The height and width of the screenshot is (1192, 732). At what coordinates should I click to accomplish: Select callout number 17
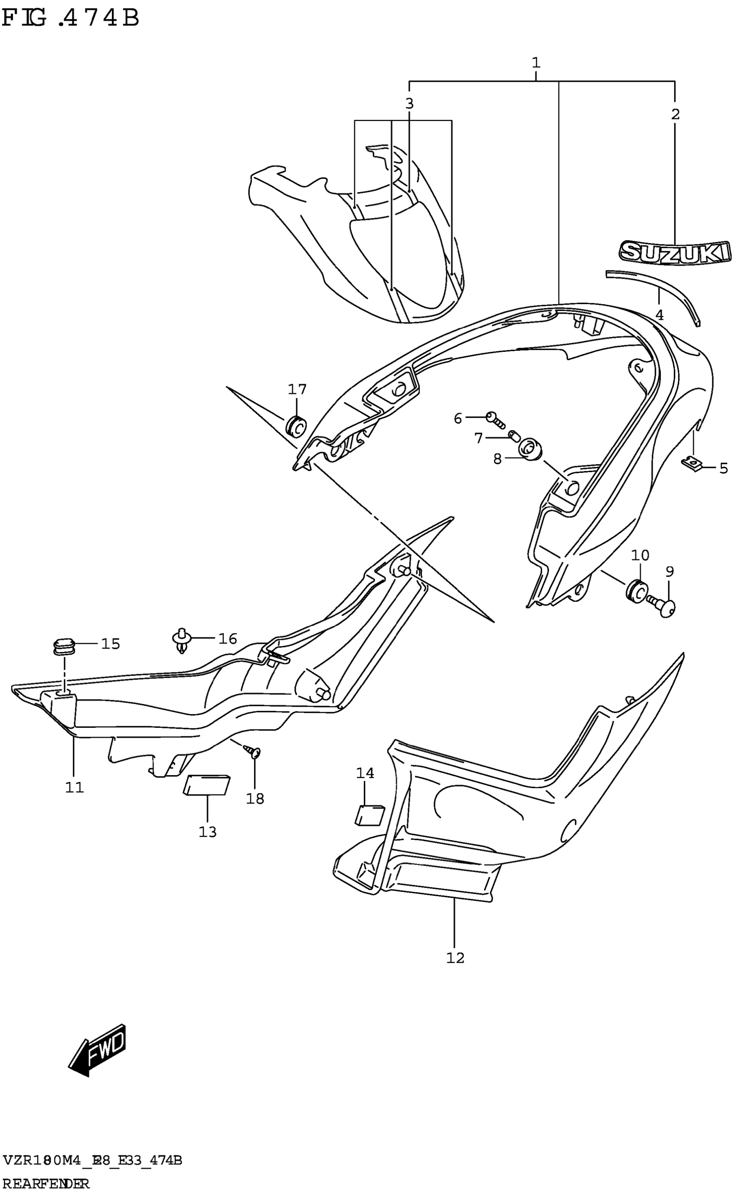[x=297, y=389]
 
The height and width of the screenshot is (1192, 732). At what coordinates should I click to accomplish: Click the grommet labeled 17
[x=296, y=425]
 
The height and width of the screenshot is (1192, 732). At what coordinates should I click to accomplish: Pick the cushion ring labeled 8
[x=530, y=449]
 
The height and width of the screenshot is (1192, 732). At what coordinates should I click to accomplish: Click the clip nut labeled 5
[x=694, y=464]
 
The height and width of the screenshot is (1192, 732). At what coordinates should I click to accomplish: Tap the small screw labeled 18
[x=253, y=752]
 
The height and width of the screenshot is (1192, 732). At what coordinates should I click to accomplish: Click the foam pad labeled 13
[x=207, y=785]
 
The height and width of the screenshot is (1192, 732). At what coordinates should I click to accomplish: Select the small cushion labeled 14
[x=370, y=815]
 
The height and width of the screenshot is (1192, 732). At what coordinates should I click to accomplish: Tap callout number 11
[x=74, y=788]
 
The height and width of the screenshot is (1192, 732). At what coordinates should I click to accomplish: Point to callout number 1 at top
[x=536, y=62]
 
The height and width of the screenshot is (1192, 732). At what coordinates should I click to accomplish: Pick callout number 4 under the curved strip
[x=659, y=315]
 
